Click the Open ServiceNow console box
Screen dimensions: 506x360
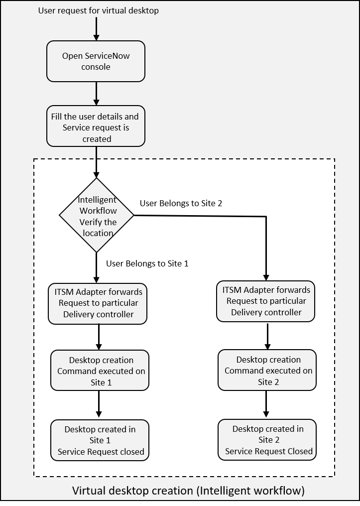click(x=96, y=61)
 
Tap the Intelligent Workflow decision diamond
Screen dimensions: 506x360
click(x=97, y=216)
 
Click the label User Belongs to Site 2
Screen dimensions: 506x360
click(x=181, y=203)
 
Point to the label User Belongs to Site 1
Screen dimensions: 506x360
click(x=147, y=263)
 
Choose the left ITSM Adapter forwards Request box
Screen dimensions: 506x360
click(x=98, y=303)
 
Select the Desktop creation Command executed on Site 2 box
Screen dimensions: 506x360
click(x=268, y=371)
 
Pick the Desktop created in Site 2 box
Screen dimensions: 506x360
click(x=268, y=440)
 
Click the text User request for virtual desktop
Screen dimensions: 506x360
click(x=98, y=10)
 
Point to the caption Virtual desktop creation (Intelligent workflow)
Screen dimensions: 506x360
click(x=188, y=491)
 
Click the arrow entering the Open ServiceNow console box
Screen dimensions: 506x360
click(x=96, y=29)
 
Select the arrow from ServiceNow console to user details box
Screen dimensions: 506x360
click(x=96, y=93)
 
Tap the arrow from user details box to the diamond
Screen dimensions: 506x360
click(x=96, y=162)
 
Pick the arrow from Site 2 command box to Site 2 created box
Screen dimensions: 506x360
click(x=267, y=404)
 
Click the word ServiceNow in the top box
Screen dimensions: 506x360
click(x=107, y=56)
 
